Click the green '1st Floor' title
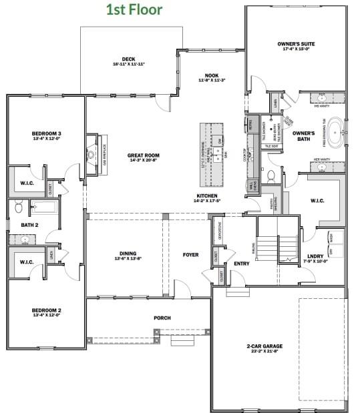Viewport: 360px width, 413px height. pyautogui.click(x=134, y=9)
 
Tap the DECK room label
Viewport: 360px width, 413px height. pyautogui.click(x=129, y=59)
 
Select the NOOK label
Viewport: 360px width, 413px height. pyautogui.click(x=212, y=75)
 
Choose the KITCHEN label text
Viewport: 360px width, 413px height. pyautogui.click(x=206, y=195)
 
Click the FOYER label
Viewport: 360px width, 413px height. pyautogui.click(x=191, y=254)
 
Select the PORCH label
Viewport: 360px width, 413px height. pyautogui.click(x=162, y=318)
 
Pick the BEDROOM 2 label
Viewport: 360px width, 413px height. pyautogui.click(x=46, y=310)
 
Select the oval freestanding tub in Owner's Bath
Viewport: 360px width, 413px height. pyautogui.click(x=336, y=133)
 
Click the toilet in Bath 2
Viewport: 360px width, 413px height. pyautogui.click(x=19, y=208)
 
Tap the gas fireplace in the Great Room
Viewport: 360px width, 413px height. pyautogui.click(x=92, y=155)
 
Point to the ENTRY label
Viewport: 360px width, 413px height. pyautogui.click(x=240, y=264)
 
